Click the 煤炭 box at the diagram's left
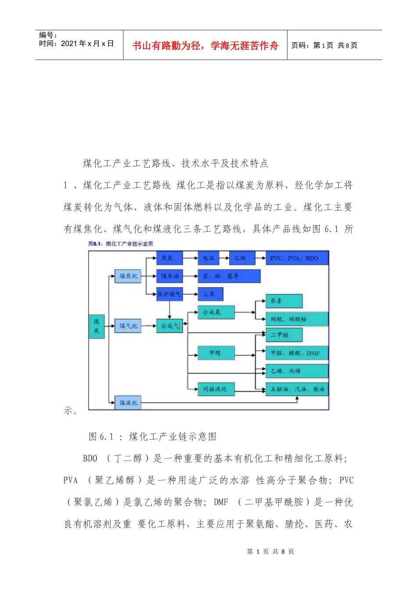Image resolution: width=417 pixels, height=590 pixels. point(97,327)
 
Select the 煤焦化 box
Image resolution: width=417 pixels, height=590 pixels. point(128,276)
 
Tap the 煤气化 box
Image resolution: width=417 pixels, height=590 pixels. point(128,326)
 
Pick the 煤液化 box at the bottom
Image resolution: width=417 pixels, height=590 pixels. point(128,403)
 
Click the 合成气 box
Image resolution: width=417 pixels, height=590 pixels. point(170,326)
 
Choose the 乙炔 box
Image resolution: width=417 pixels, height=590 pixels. point(241,258)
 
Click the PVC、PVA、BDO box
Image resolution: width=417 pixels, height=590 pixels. point(297,258)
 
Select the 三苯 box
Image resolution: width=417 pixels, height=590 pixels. point(210,294)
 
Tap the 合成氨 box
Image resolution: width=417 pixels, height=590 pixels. point(216,312)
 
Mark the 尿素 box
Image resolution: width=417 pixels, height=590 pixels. point(284,301)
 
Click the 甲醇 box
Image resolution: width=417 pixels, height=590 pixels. point(216,353)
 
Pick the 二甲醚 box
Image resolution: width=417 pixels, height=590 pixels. point(284,335)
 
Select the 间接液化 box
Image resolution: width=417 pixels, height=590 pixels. point(216,389)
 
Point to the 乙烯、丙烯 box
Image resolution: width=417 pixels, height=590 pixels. point(297,371)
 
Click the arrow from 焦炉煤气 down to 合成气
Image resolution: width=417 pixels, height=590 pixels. point(170,309)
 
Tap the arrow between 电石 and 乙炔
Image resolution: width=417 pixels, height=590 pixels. point(224,258)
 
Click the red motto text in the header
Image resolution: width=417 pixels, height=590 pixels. point(205,46)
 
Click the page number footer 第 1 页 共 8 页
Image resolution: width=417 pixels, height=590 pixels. point(270,551)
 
